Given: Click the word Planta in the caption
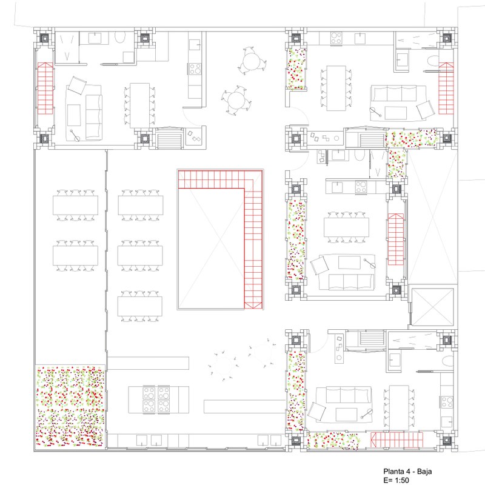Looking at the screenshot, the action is (x=393, y=472).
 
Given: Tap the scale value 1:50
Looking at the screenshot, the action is (x=401, y=480).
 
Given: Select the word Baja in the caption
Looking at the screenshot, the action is (x=424, y=472).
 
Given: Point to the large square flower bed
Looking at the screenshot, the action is (x=70, y=406).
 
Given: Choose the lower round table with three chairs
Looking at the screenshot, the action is (x=236, y=100).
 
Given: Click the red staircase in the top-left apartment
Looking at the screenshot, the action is (x=45, y=88).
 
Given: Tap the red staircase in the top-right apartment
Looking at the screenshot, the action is (x=446, y=88).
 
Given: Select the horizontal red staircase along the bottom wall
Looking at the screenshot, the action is (x=397, y=440).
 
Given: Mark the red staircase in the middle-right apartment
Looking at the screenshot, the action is (x=396, y=239).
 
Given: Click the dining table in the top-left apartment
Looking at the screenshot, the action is (x=139, y=105).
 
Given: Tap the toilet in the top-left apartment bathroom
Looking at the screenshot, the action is (x=119, y=38).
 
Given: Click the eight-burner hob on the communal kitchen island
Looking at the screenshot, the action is (x=156, y=399).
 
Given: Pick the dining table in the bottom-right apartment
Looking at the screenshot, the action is (x=399, y=407).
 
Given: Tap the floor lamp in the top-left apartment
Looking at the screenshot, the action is (x=75, y=135).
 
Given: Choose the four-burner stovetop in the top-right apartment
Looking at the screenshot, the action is (x=336, y=38).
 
